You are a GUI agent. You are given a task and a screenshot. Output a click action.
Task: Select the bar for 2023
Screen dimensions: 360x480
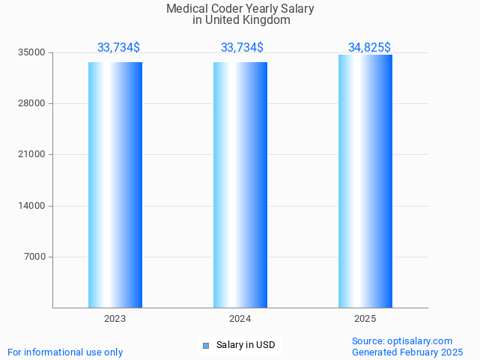point(115,185)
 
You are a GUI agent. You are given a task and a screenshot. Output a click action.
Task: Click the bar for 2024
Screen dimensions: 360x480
point(240,185)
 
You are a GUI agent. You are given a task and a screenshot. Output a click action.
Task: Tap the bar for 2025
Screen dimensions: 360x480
point(365,181)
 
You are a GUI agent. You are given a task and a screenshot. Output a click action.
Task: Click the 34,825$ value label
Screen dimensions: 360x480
point(369,48)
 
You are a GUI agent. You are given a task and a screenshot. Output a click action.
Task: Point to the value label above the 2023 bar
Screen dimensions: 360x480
point(118,48)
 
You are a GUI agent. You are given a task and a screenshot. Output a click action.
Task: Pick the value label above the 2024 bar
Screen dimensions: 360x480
point(242,48)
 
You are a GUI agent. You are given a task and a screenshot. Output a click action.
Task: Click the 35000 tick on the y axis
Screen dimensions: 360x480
point(33,53)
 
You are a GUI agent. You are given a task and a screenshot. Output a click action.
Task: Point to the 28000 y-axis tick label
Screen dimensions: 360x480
point(33,104)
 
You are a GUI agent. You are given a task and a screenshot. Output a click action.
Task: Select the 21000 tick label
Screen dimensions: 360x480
point(33,155)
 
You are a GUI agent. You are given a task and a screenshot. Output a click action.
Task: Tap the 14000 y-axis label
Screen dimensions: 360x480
point(33,206)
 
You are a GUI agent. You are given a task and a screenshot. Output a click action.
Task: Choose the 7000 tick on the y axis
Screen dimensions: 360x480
point(35,257)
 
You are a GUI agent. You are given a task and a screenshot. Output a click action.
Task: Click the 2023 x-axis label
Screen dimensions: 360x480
point(115,319)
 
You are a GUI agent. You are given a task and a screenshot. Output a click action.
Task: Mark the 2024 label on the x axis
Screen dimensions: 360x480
point(240,319)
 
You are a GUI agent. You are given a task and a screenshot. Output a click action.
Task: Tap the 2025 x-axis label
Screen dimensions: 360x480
point(365,319)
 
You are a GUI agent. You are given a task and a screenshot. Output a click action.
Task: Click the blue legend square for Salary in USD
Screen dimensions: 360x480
point(206,345)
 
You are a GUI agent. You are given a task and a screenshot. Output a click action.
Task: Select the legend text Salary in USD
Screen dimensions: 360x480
point(246,345)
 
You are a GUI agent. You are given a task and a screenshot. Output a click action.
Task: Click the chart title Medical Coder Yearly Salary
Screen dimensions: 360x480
point(240,9)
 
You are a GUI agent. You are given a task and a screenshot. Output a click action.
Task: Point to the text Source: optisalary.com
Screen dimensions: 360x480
point(402,341)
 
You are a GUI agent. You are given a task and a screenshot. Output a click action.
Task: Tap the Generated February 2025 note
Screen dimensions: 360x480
point(407,353)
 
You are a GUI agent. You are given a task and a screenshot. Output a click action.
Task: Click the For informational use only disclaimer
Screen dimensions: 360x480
point(65,353)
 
